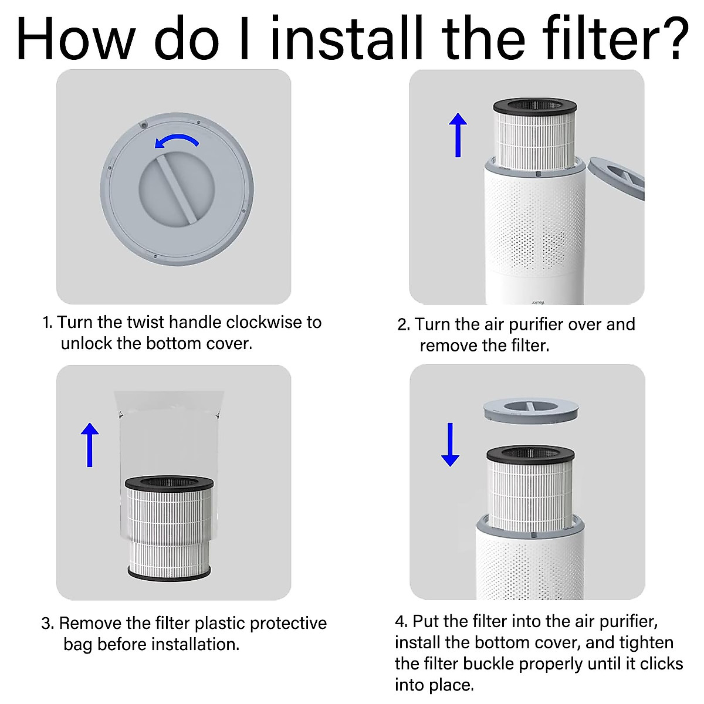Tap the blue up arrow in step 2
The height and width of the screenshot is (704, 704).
tap(458, 135)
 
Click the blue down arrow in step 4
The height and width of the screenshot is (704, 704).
tap(450, 445)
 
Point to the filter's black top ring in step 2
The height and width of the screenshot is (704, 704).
tap(535, 106)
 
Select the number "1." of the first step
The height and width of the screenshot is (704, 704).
tap(48, 323)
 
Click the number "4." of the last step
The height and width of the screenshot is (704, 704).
tap(401, 621)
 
